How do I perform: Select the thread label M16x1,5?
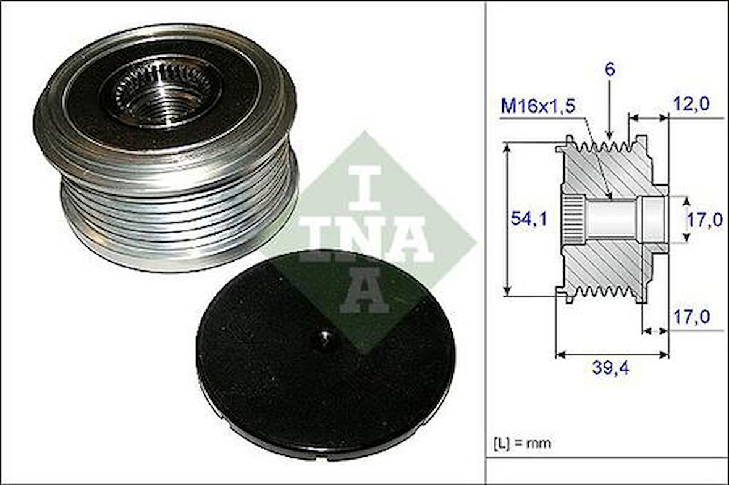[537, 106]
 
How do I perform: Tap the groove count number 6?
[609, 70]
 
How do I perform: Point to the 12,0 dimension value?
[691, 104]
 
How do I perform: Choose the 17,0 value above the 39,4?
[691, 317]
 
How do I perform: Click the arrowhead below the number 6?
[609, 135]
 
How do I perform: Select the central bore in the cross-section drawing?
[612, 219]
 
